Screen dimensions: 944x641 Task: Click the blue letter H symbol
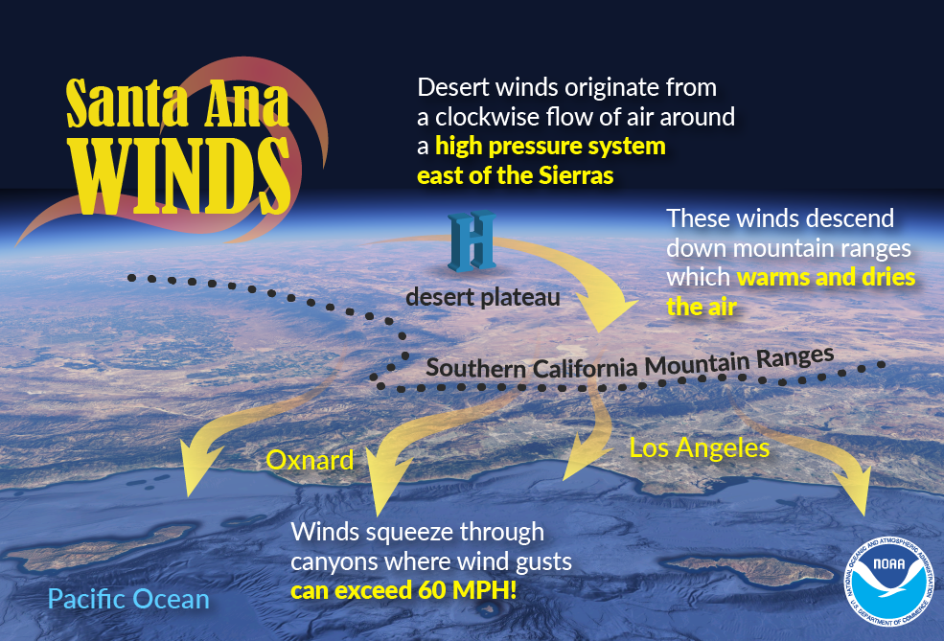472,240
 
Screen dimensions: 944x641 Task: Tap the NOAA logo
888,580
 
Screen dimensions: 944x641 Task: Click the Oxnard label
310,461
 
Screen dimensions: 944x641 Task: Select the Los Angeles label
699,447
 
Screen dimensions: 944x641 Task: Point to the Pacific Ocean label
128,599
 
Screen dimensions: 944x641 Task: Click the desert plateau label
483,297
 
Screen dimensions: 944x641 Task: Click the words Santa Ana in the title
177,103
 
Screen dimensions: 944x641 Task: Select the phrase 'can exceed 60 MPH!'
403,590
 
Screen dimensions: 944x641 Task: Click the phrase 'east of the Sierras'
516,175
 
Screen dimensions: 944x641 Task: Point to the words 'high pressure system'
550,147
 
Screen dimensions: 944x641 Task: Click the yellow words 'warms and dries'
826,277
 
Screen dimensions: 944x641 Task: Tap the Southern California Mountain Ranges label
630,364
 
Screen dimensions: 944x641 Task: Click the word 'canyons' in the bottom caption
334,562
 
